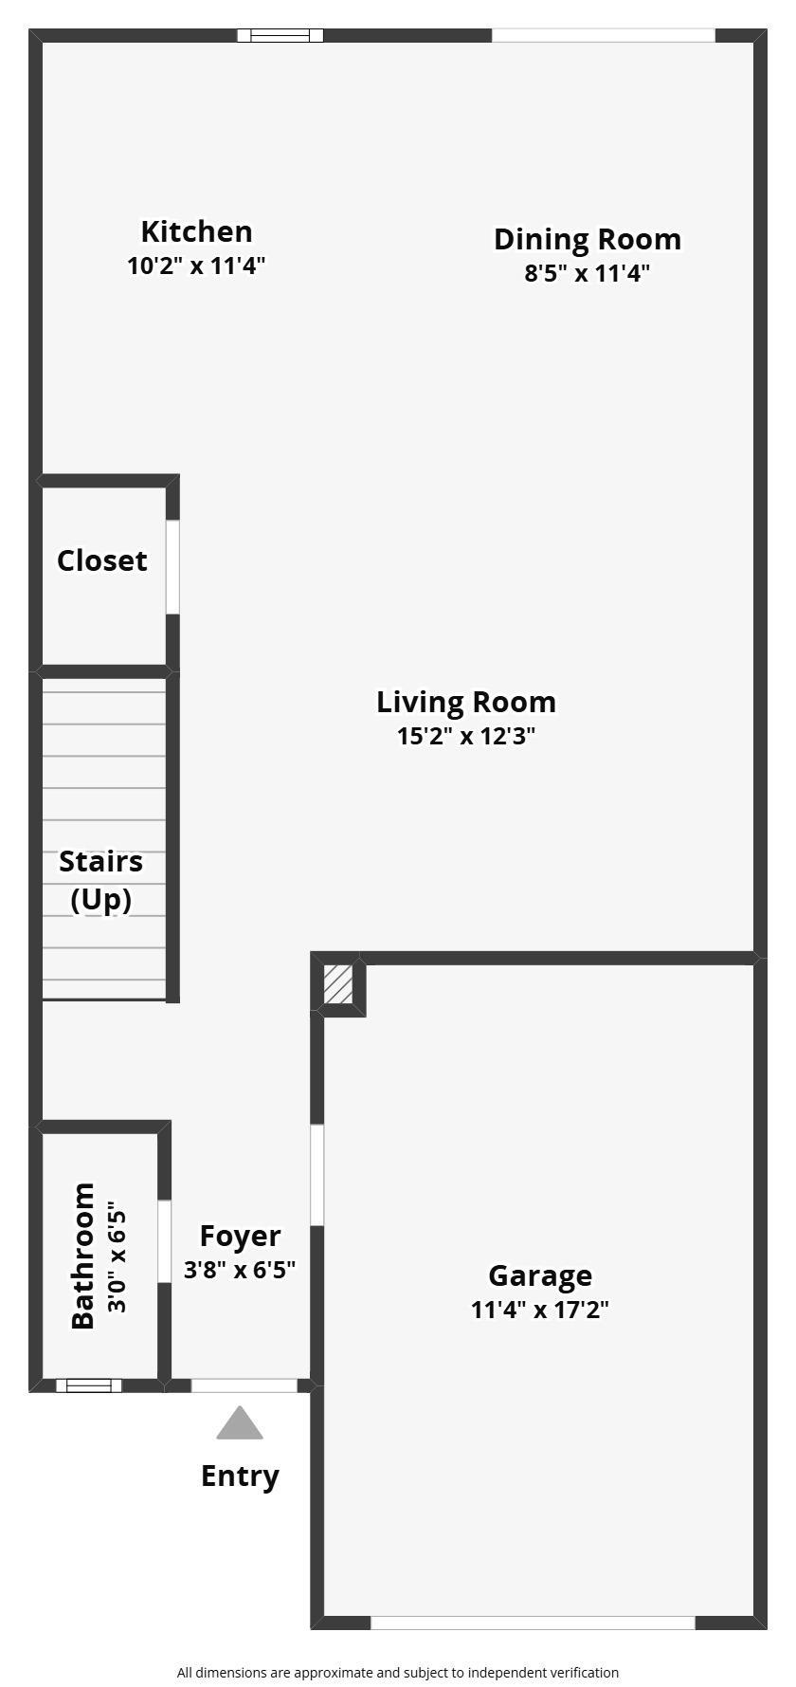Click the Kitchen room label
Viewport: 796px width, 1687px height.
pyautogui.click(x=196, y=231)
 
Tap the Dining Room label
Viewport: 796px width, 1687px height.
pyautogui.click(x=588, y=239)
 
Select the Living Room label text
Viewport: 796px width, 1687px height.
pyautogui.click(x=466, y=702)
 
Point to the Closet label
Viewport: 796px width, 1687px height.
pyautogui.click(x=102, y=560)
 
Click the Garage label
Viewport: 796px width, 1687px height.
pyautogui.click(x=540, y=1276)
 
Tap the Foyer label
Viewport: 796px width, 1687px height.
pyautogui.click(x=240, y=1237)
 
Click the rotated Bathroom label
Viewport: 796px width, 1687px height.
pyautogui.click(x=83, y=1256)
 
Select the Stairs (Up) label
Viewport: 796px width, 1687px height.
pyautogui.click(x=101, y=880)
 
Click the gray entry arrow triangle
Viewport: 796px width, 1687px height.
pyautogui.click(x=240, y=1422)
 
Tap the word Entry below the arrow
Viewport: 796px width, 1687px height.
pyautogui.click(x=240, y=1476)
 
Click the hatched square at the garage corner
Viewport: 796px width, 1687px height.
pyautogui.click(x=338, y=984)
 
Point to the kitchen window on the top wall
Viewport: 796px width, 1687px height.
pyautogui.click(x=280, y=36)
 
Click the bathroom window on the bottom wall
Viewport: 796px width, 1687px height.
pyautogui.click(x=89, y=1385)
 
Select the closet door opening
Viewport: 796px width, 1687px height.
pyautogui.click(x=172, y=567)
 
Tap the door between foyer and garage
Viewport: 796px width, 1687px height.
pyautogui.click(x=317, y=1175)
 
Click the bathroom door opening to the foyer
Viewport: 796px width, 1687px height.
pyautogui.click(x=164, y=1241)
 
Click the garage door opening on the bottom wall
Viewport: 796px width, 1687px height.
pyautogui.click(x=533, y=1623)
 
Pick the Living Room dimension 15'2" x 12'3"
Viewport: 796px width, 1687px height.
pyautogui.click(x=466, y=736)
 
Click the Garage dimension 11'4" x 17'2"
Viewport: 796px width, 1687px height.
pyautogui.click(x=540, y=1310)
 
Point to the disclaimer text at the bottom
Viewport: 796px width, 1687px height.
pyautogui.click(x=398, y=1673)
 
